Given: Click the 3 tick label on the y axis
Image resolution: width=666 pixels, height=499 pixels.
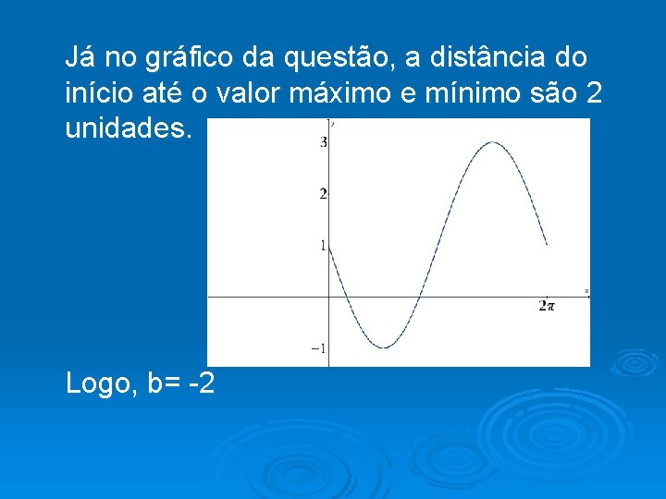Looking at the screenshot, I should pyautogui.click(x=323, y=142).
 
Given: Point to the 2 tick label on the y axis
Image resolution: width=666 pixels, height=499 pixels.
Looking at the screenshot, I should pyautogui.click(x=323, y=194).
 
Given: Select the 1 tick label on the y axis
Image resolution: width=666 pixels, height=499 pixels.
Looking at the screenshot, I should pyautogui.click(x=323, y=246).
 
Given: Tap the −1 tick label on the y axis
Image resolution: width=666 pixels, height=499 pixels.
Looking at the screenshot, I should pyautogui.click(x=318, y=348).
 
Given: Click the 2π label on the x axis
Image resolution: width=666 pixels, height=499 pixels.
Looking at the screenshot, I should pyautogui.click(x=547, y=306).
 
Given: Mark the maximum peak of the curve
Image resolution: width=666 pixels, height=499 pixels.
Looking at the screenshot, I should pyautogui.click(x=492, y=142).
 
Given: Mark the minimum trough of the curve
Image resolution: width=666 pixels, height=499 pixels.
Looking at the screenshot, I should pyautogui.click(x=384, y=347).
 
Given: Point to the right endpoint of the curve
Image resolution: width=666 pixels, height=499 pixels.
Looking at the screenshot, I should pyautogui.click(x=547, y=245).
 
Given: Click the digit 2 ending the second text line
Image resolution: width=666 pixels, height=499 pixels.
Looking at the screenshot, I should pyautogui.click(x=580, y=93).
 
